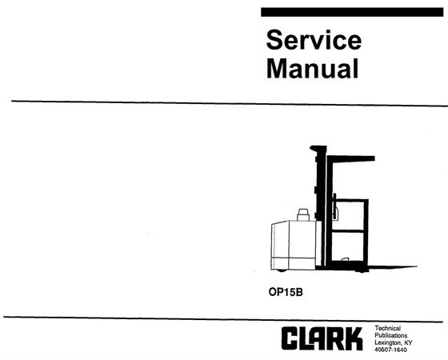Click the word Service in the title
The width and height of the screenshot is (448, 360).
[x=313, y=41]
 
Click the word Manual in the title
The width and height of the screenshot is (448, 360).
[x=311, y=69]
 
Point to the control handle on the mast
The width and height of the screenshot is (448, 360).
[x=334, y=210]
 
